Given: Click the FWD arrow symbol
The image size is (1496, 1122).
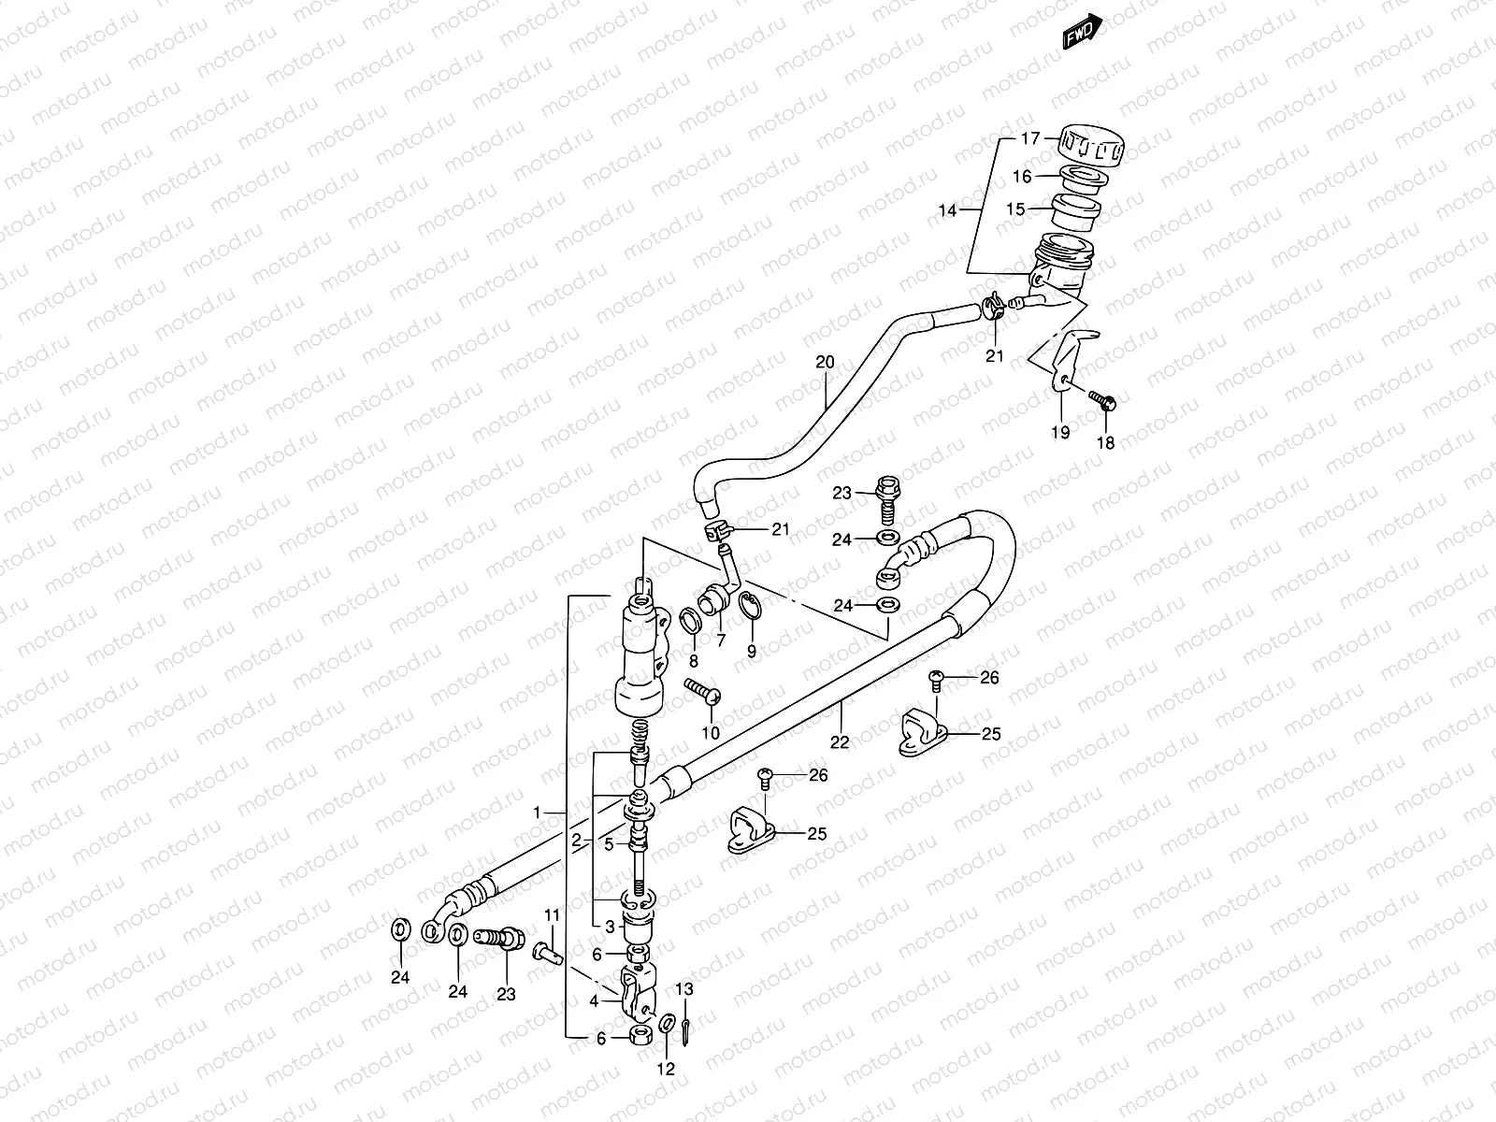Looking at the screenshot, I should (1083, 34).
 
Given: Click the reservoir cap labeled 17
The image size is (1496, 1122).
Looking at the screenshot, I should (1092, 146).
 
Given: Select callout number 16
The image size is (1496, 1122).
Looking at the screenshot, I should (1021, 176).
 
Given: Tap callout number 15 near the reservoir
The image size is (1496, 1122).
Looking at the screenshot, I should (1014, 209).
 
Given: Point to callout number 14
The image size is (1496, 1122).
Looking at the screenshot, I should (947, 210).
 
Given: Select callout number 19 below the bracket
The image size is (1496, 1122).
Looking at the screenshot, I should (1059, 432).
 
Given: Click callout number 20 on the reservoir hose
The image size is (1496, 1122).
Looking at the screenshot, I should (824, 362).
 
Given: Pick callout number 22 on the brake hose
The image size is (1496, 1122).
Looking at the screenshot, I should (840, 741).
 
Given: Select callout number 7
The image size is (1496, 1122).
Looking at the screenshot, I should (721, 640).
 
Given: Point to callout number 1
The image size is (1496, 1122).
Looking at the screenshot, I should (538, 813).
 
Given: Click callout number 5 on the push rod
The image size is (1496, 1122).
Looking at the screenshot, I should (608, 844).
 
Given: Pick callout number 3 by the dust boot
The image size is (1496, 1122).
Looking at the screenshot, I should (610, 927).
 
